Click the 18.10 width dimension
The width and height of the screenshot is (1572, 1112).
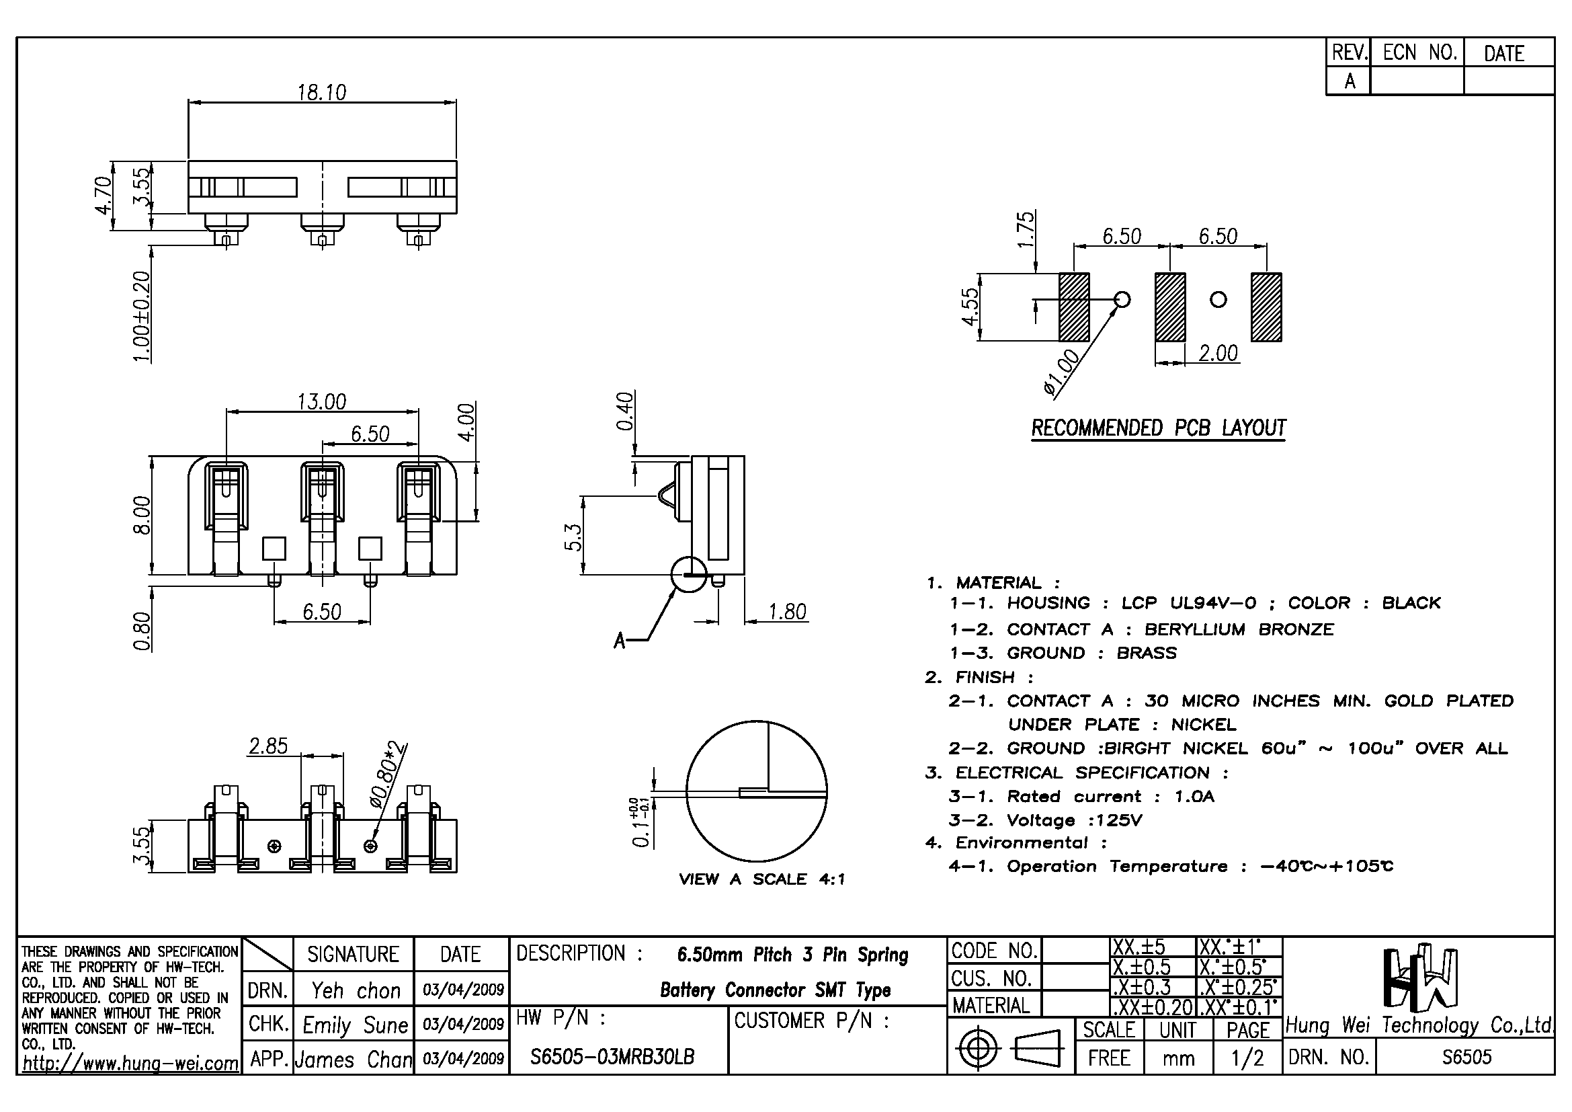[322, 91]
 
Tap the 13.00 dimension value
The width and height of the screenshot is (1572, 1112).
[322, 401]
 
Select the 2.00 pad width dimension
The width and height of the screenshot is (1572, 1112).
[1218, 354]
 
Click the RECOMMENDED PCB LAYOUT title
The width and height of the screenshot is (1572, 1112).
[1159, 428]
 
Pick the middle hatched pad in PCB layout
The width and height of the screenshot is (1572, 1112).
[1170, 307]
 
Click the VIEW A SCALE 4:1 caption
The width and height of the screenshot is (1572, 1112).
[761, 879]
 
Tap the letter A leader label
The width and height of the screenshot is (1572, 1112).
[620, 641]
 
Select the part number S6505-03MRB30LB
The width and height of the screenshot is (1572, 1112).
[612, 1057]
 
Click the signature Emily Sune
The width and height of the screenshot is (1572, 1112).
[355, 1025]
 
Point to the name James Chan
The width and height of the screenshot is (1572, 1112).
[354, 1060]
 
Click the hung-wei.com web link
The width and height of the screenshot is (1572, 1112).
[130, 1064]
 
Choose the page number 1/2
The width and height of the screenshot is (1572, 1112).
[1247, 1059]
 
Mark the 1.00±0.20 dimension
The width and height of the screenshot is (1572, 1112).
[141, 317]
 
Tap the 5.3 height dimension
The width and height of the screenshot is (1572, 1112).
[573, 538]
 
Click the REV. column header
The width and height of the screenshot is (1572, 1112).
[1349, 52]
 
